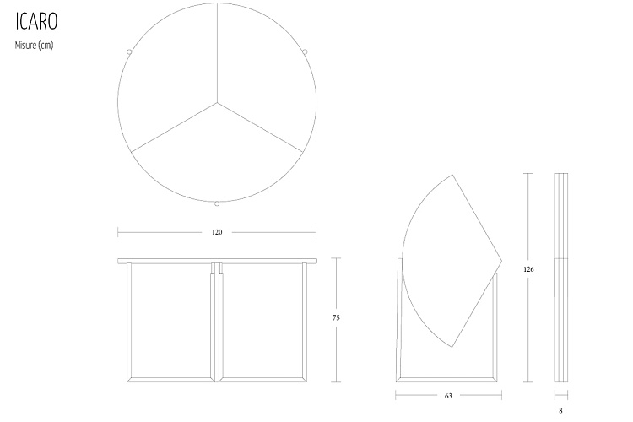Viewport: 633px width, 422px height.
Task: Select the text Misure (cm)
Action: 34,46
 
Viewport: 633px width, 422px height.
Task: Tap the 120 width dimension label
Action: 217,232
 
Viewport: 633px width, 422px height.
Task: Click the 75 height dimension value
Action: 337,317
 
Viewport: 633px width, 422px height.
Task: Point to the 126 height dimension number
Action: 528,269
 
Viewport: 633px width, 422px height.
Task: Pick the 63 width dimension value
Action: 447,394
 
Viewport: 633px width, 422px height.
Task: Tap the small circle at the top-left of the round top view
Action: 128,51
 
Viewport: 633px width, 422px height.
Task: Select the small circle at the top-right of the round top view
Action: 306,51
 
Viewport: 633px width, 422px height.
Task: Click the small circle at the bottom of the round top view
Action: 217,203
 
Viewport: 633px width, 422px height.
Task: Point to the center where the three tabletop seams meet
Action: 217,104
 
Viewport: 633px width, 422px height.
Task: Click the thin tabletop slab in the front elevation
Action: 217,261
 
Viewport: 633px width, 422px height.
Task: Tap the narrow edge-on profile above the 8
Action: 560,279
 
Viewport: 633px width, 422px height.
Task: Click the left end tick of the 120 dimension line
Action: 118,232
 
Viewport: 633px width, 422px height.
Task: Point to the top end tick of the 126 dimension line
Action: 528,174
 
